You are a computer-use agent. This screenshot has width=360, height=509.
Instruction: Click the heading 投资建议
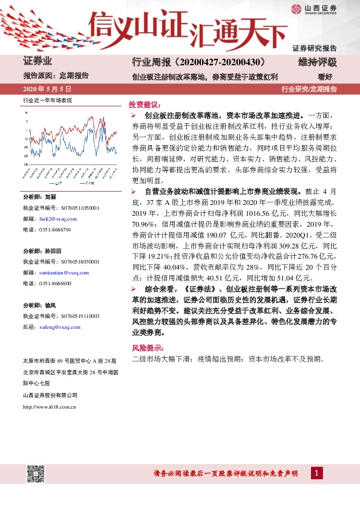coord(144,104)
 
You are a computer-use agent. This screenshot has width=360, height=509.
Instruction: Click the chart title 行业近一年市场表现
coord(47,100)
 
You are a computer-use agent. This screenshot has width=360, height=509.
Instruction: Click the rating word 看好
coord(326,77)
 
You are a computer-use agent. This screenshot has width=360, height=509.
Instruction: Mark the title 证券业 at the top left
coord(38,62)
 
